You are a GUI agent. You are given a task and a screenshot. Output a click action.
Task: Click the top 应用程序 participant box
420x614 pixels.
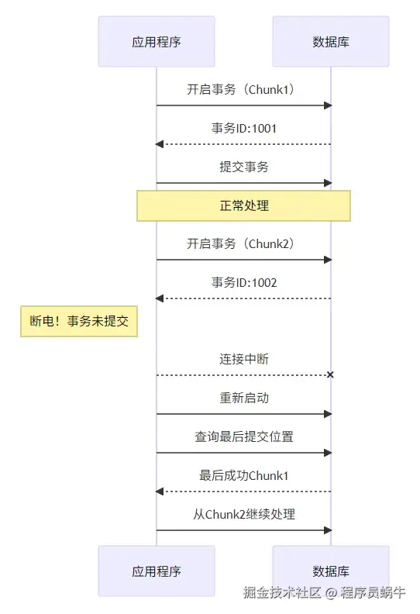point(156,41)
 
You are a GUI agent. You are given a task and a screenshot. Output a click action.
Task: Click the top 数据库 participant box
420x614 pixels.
point(331,41)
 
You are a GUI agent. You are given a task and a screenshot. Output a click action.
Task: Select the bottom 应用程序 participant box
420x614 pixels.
point(156,571)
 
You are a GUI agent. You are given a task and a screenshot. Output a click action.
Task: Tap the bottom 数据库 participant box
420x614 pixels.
point(331,571)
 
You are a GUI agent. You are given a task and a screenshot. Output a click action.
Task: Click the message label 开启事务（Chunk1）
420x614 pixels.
point(243,89)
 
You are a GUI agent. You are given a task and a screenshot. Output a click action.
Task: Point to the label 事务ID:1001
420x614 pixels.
point(243,128)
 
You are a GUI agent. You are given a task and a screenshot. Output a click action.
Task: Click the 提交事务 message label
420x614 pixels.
point(243,167)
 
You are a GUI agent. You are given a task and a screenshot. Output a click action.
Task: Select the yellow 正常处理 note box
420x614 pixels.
point(243,206)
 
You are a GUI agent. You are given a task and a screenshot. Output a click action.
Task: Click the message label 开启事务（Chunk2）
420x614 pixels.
point(243,243)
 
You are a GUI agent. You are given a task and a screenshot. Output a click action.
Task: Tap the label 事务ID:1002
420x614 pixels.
point(243,282)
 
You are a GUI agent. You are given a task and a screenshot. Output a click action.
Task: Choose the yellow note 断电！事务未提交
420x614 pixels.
point(78,321)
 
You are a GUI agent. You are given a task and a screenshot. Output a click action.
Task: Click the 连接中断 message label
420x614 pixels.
point(243,359)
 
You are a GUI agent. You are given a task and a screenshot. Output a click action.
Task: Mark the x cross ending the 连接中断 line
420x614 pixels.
point(330,375)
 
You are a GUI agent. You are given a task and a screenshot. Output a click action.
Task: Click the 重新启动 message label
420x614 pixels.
point(243,398)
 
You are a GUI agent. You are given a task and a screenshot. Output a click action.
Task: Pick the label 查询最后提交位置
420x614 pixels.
point(243,436)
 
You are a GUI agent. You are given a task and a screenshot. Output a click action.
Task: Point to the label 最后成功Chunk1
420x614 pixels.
point(243,475)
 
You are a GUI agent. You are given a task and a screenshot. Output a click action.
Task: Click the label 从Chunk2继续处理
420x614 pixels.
point(243,514)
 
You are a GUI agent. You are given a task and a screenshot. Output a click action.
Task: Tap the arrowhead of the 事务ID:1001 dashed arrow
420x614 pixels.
point(159,144)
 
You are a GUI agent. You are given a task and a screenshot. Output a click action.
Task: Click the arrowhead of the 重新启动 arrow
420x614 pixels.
point(328,414)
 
